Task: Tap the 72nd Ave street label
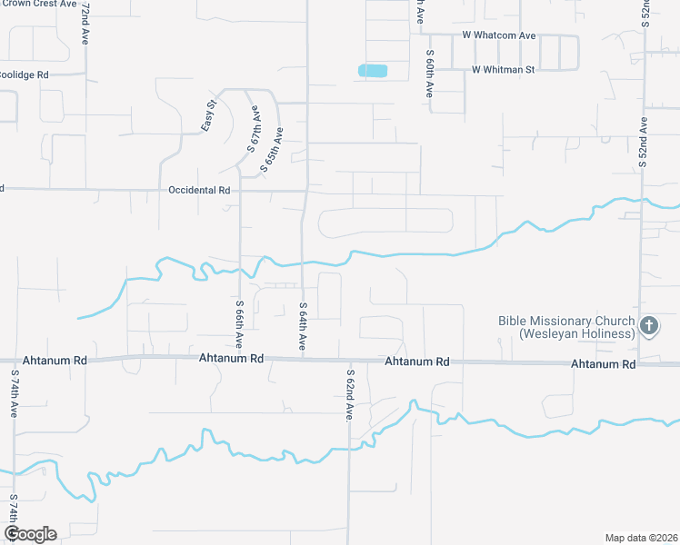[85, 25]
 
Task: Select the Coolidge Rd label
[24, 74]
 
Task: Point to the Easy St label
[209, 115]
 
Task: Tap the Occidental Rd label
[200, 191]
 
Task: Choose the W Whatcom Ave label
[498, 35]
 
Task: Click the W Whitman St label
[504, 69]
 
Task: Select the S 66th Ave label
[239, 325]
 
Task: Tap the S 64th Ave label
[302, 327]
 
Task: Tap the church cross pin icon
[648, 326]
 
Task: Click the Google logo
[30, 534]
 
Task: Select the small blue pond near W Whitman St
[373, 70]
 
